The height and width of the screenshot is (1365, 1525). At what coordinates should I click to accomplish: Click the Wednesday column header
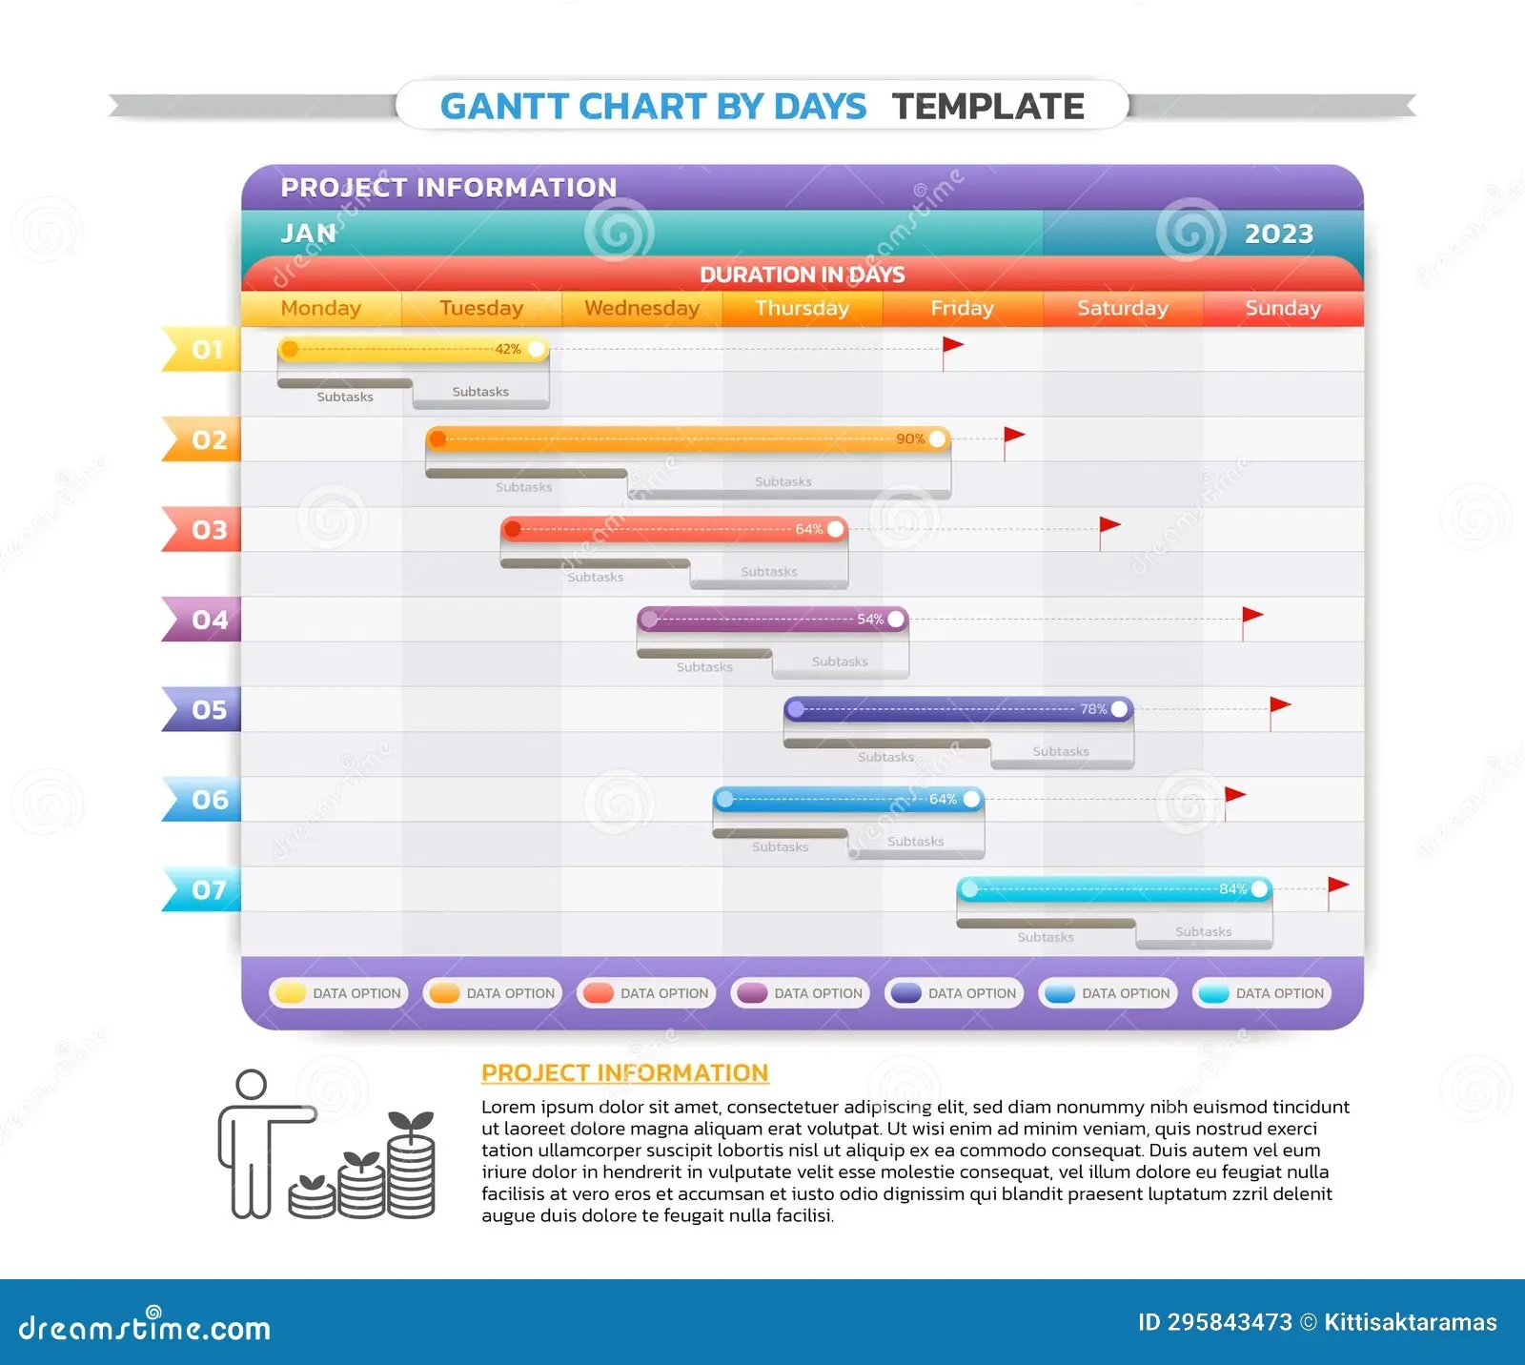[x=641, y=308]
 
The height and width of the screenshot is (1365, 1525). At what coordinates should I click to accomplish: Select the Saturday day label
[x=1122, y=308]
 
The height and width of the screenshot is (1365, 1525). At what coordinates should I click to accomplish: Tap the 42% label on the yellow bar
[x=508, y=349]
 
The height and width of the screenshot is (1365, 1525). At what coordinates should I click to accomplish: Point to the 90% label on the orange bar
[x=910, y=438]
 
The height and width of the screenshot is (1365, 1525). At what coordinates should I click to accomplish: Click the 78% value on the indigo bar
[x=1093, y=709]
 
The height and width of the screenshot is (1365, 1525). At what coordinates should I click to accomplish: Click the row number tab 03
[x=204, y=529]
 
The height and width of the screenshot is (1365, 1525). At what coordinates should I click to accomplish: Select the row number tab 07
[x=204, y=889]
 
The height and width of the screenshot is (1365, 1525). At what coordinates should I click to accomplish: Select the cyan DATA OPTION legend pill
[x=1262, y=993]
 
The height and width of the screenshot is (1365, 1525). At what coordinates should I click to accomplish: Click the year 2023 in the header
[x=1278, y=234]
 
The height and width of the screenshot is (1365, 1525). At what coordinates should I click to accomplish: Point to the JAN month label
[x=308, y=234]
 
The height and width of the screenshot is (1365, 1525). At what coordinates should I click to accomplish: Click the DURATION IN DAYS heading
[x=802, y=275]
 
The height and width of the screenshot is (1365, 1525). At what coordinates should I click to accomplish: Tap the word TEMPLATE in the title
[x=987, y=106]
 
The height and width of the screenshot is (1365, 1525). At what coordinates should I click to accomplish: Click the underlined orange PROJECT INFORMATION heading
[x=624, y=1073]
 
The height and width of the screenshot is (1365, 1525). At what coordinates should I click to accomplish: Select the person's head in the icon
[x=252, y=1085]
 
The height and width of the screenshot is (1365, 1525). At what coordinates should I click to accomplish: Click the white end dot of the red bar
[x=836, y=529]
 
